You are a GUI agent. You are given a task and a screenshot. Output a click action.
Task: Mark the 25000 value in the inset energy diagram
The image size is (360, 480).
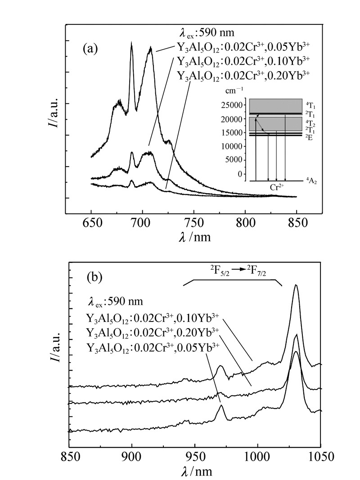(x=232, y=105)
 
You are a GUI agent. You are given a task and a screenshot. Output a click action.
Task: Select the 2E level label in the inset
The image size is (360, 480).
(x=308, y=137)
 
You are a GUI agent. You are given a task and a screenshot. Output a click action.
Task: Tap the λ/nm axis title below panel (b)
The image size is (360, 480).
(x=194, y=471)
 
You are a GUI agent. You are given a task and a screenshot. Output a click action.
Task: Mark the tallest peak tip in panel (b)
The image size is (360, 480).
(x=296, y=285)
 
